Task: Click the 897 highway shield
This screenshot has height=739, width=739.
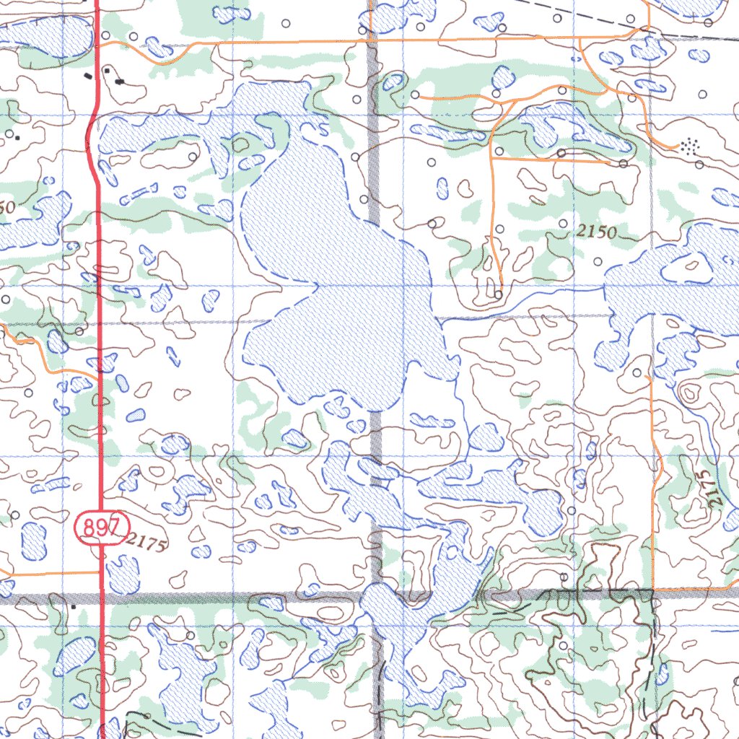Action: (x=100, y=528)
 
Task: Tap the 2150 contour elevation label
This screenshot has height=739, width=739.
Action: (x=597, y=232)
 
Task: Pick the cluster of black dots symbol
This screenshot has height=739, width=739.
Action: (x=691, y=147)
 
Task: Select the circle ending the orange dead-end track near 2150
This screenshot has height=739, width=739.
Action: (x=499, y=294)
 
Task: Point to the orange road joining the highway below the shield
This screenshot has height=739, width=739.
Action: (x=51, y=574)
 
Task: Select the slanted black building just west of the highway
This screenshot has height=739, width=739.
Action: (x=88, y=74)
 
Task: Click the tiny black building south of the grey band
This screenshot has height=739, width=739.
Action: (x=72, y=607)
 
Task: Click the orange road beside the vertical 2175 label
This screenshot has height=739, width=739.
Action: (x=659, y=476)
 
